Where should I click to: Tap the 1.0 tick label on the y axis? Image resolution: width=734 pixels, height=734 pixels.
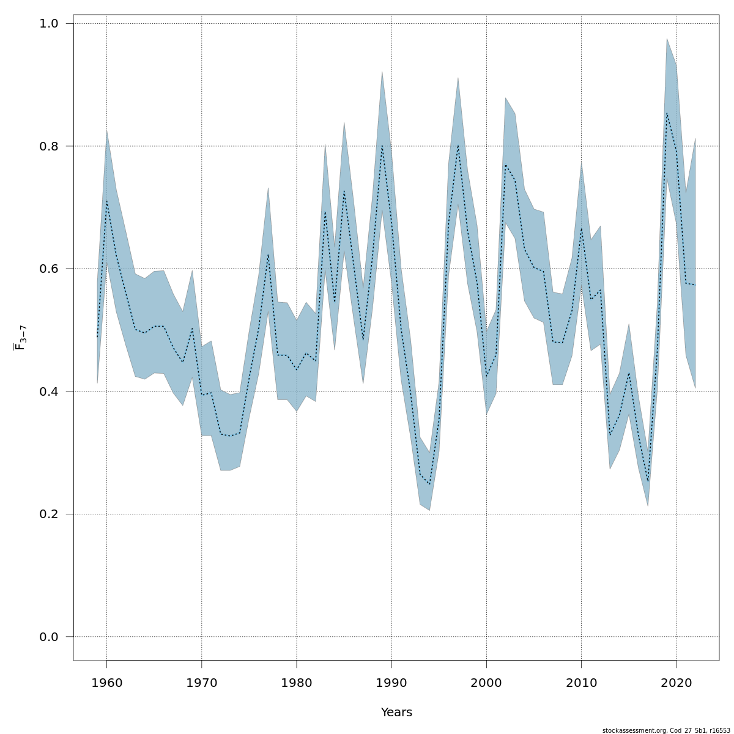pyautogui.click(x=48, y=24)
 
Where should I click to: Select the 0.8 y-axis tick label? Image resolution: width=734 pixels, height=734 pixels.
pyautogui.click(x=48, y=146)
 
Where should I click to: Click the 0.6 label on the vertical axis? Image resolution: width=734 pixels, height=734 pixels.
pyautogui.click(x=48, y=269)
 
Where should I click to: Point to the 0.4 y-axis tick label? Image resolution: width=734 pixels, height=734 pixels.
pyautogui.click(x=48, y=391)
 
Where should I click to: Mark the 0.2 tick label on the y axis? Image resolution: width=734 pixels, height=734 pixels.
pyautogui.click(x=48, y=514)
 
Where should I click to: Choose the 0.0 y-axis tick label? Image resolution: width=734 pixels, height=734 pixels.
pyautogui.click(x=48, y=637)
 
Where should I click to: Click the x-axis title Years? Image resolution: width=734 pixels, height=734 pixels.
pyautogui.click(x=396, y=713)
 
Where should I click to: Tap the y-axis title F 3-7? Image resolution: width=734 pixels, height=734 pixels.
pyautogui.click(x=20, y=338)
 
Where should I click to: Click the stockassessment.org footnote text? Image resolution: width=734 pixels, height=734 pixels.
pyautogui.click(x=666, y=730)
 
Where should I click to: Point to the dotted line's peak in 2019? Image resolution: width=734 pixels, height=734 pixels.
pyautogui.click(x=667, y=113)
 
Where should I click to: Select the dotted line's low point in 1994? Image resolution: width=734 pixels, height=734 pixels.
pyautogui.click(x=429, y=484)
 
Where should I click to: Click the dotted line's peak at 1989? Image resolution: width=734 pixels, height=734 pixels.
pyautogui.click(x=382, y=146)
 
